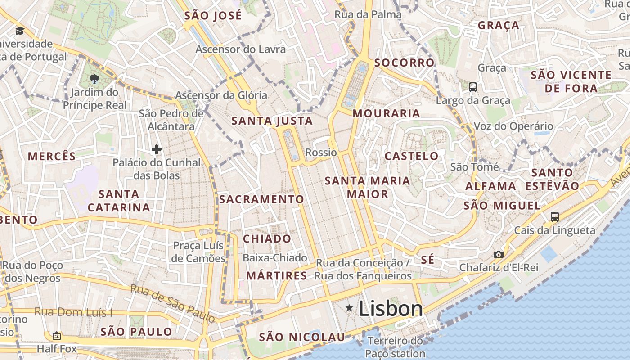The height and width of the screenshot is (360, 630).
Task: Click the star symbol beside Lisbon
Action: [x=349, y=308]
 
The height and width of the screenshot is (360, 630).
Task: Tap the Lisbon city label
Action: [x=391, y=309]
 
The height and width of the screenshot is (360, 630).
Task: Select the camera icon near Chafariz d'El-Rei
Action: [x=498, y=254]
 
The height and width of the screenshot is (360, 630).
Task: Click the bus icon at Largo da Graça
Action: [x=473, y=87]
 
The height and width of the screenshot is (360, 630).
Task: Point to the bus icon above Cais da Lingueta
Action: [x=555, y=216]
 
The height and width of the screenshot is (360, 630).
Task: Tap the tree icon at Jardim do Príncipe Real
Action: [x=94, y=80]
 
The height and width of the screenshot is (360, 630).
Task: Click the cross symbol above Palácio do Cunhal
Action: [x=157, y=149]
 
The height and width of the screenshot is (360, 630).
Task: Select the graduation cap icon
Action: [x=20, y=31]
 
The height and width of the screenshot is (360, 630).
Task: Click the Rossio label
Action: [x=321, y=153]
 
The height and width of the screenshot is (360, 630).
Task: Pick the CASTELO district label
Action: [x=411, y=156]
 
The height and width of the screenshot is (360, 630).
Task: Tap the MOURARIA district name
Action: [x=386, y=113]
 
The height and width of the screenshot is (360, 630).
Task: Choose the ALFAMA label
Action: [x=490, y=186]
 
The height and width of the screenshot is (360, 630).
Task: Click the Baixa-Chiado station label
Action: [x=275, y=258]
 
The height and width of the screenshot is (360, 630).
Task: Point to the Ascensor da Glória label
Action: [x=221, y=95]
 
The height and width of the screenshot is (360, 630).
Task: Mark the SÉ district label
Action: [x=428, y=260]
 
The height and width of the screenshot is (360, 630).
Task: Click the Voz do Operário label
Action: [x=513, y=126]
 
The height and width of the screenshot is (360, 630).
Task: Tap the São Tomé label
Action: [x=474, y=167]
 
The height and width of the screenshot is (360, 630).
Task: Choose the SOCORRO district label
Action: [x=405, y=63]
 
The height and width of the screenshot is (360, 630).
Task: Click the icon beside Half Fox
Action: [x=57, y=336]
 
